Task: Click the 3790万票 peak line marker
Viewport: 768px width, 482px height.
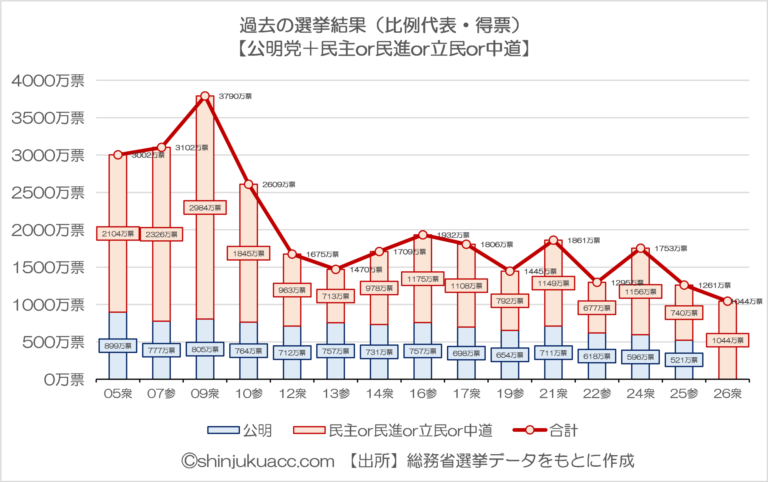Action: (205, 96)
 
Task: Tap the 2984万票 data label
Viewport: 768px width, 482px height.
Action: (205, 208)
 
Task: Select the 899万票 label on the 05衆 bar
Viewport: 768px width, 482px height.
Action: (118, 346)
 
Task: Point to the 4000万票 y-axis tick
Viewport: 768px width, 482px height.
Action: (48, 81)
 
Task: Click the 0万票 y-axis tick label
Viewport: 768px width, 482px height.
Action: (64, 380)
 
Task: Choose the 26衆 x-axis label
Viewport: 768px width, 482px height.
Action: (727, 394)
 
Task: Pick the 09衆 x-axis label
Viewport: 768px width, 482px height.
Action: (205, 394)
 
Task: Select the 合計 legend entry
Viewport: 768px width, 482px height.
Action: (545, 430)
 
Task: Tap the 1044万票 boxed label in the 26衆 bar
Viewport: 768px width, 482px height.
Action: (727, 340)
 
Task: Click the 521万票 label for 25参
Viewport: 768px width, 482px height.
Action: (684, 360)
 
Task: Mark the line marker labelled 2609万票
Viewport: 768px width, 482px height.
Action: (248, 184)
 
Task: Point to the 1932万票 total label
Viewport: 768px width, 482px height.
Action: (453, 235)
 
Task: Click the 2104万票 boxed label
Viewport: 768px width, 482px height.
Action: (118, 234)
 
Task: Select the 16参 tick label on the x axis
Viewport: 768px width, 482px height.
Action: (423, 394)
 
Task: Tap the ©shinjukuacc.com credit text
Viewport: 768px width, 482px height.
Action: (258, 461)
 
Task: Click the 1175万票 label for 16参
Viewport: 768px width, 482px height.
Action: (423, 279)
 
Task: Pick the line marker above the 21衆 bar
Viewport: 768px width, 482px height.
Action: (553, 240)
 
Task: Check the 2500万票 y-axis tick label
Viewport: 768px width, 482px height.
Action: (48, 193)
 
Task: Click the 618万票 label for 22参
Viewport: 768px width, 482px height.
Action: (597, 356)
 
